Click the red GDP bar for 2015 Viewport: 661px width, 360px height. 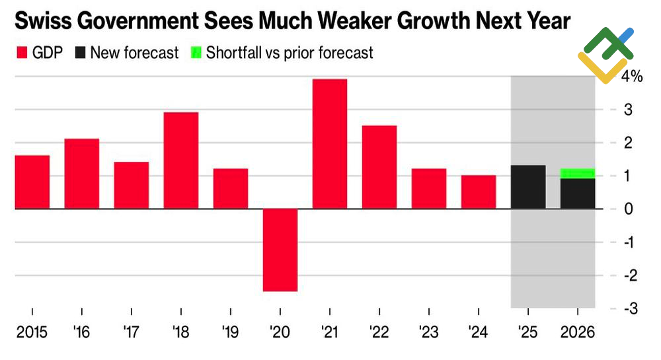click(x=32, y=182)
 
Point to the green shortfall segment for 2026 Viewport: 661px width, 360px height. click(x=578, y=173)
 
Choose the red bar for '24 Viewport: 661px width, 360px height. click(x=479, y=192)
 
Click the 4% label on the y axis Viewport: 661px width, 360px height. click(x=631, y=77)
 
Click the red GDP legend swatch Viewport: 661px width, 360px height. click(x=20, y=53)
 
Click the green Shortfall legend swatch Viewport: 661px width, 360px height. click(x=195, y=53)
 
